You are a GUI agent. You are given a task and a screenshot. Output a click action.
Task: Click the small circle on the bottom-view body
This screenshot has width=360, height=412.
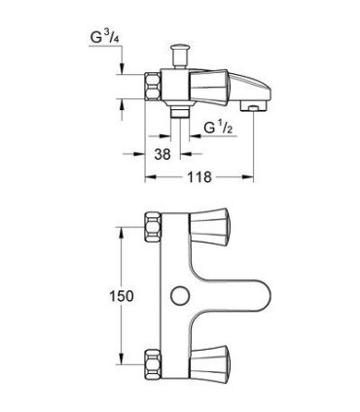point(178,294)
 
